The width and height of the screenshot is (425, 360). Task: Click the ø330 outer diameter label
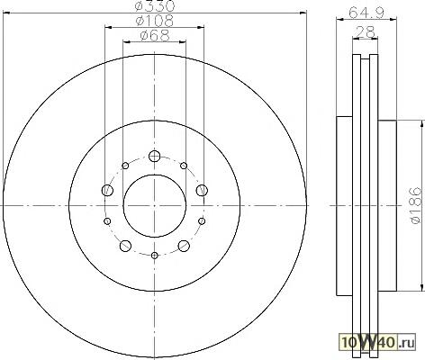[x=155, y=5]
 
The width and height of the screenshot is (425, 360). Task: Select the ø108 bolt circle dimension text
[x=155, y=21]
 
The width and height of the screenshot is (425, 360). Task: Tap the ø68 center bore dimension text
[x=155, y=35]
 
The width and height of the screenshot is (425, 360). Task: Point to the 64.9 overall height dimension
[x=366, y=13]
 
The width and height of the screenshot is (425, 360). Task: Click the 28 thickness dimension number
[x=365, y=31]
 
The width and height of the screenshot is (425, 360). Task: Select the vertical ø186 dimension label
[x=416, y=205]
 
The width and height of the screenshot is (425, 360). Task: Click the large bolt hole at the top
[x=155, y=156]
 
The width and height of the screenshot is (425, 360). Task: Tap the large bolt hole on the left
[x=107, y=190]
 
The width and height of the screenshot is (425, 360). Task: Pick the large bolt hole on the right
[x=202, y=190]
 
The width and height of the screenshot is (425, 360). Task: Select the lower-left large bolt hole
[x=125, y=246]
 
